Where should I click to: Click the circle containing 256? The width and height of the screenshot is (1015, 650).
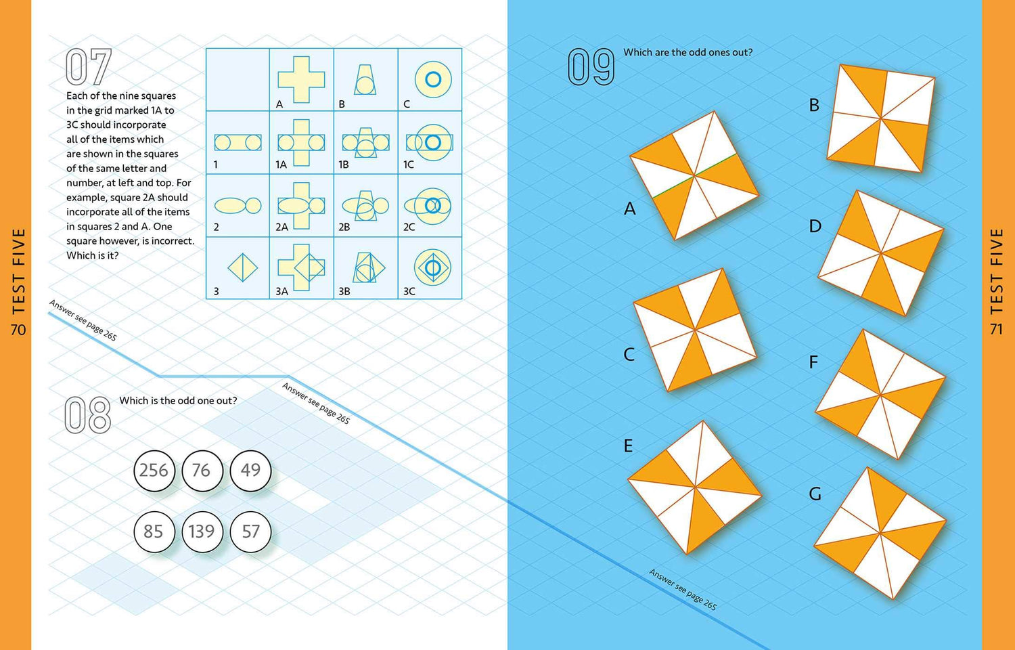[154, 471]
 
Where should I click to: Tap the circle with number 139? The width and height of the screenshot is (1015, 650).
[202, 532]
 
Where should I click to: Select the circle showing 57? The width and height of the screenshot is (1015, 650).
[250, 532]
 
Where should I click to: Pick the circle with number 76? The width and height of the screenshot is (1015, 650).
[202, 471]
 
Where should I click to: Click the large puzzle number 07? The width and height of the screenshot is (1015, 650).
[89, 67]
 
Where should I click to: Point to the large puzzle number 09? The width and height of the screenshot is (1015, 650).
[591, 67]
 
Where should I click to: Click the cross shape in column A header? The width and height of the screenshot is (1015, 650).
[301, 79]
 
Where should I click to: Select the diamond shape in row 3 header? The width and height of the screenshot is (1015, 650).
[242, 267]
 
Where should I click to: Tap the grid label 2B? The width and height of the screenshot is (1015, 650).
[344, 227]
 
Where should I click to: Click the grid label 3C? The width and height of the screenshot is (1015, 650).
[409, 291]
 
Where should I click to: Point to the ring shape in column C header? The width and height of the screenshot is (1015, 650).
[433, 79]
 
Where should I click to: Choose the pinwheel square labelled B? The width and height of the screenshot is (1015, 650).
[880, 118]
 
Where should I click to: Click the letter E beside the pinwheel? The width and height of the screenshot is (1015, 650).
[628, 446]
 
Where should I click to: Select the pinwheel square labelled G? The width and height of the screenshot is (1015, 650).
[880, 533]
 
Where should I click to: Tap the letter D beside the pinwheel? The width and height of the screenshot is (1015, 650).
[815, 226]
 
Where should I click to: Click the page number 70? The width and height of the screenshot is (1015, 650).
[18, 329]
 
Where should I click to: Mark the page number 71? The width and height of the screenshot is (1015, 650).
[996, 329]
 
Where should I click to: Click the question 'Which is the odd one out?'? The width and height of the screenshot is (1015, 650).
[178, 401]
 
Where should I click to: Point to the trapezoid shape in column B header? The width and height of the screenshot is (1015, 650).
[365, 80]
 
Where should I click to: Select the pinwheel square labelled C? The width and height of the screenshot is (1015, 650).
[695, 330]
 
